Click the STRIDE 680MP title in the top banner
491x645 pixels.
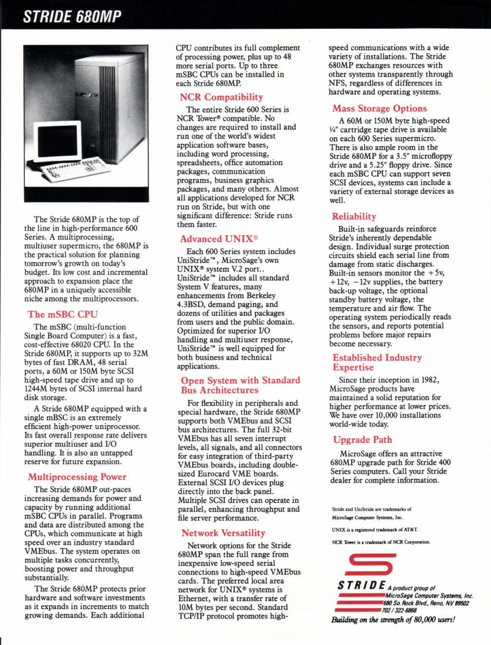72,17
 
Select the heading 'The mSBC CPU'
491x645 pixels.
63,314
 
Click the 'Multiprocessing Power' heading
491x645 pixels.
77,476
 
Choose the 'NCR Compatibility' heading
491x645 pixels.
221,96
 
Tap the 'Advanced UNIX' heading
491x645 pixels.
219,238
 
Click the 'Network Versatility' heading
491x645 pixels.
223,532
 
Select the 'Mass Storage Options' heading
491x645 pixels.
380,108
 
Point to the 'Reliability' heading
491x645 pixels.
354,216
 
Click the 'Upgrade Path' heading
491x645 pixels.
362,439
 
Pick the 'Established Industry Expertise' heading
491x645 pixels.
377,362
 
